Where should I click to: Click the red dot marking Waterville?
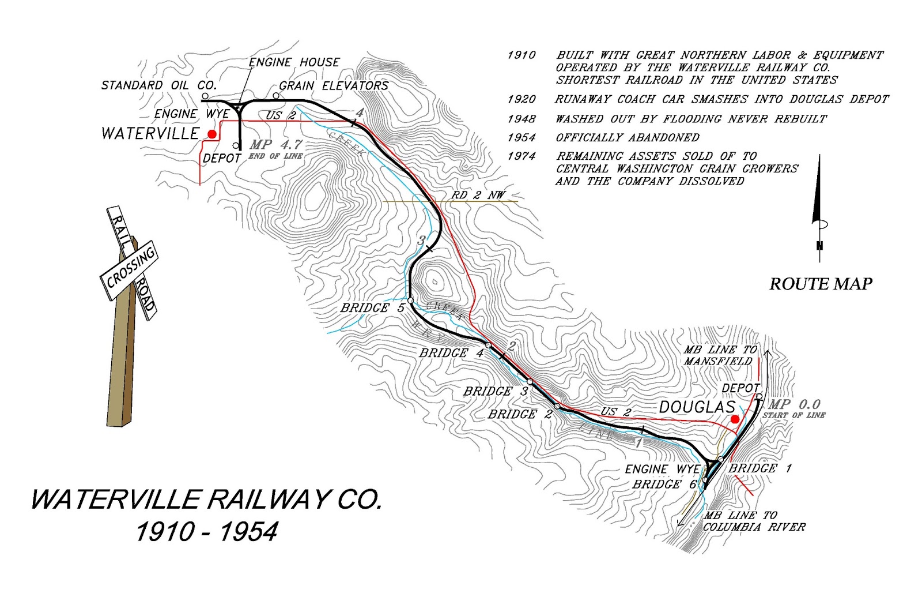click(x=212, y=134)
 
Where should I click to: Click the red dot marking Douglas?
click(x=735, y=419)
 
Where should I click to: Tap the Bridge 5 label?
click(x=372, y=308)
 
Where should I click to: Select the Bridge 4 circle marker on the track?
click(x=488, y=346)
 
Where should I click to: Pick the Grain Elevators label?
click(x=334, y=85)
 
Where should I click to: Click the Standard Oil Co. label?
click(x=158, y=85)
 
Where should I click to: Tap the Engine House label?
click(x=294, y=62)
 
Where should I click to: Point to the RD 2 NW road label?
click(x=478, y=195)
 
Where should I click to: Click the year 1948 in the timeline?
click(x=521, y=119)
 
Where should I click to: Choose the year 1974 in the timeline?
click(x=521, y=156)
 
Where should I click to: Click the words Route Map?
click(x=821, y=284)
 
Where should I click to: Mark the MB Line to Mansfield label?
click(x=718, y=355)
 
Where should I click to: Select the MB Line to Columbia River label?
click(x=754, y=521)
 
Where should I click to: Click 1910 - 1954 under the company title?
click(x=206, y=531)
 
